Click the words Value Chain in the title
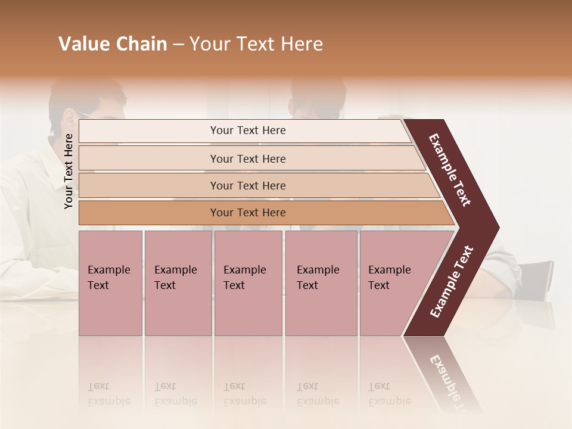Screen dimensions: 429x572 point(113,44)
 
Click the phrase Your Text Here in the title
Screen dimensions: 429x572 point(256,44)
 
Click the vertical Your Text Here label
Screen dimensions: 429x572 point(69,171)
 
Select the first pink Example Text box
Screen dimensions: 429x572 point(110,282)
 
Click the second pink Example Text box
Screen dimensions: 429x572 point(178,282)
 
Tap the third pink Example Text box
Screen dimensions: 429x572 point(248,282)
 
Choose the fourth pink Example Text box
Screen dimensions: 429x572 point(321,282)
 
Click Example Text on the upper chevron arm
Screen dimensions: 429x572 point(450,170)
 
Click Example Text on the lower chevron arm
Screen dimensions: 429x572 point(452,282)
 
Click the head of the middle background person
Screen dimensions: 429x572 point(319,98)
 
